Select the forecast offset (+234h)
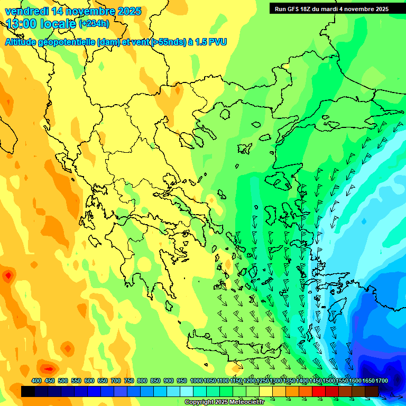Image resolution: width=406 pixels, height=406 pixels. [x=94, y=24]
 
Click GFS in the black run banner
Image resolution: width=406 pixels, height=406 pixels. [x=294, y=9]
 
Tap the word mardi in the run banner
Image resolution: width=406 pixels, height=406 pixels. [x=336, y=9]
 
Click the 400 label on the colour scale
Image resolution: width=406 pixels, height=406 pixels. [x=36, y=381]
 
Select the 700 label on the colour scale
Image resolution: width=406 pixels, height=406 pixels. [x=116, y=381]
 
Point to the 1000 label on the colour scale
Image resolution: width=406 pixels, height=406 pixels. [x=196, y=381]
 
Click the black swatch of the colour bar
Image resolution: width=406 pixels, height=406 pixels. [x=28, y=391]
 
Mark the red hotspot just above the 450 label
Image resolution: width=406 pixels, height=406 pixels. [x=49, y=368]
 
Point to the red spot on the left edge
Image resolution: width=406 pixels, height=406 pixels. [x=7, y=275]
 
